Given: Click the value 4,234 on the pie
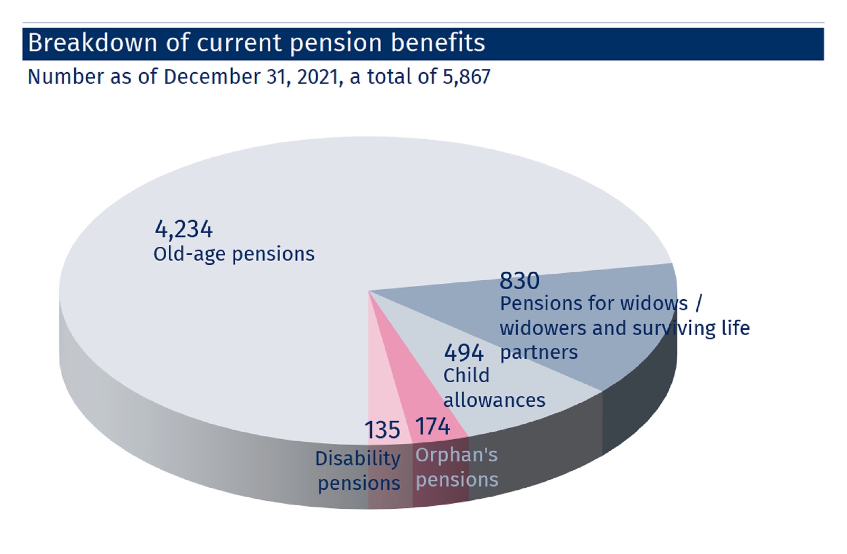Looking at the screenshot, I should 184,229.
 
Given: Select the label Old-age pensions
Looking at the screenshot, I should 234,255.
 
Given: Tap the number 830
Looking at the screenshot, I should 519,281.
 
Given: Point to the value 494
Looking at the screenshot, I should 464,353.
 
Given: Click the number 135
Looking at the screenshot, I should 382,430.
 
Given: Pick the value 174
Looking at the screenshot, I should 432,427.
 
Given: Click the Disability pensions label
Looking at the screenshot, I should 358,471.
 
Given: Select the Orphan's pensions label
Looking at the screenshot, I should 457,467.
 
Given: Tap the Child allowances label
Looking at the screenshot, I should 494,388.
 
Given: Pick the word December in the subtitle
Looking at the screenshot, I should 212,77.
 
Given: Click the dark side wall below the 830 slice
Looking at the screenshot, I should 640,410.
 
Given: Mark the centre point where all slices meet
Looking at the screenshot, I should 369,291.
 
